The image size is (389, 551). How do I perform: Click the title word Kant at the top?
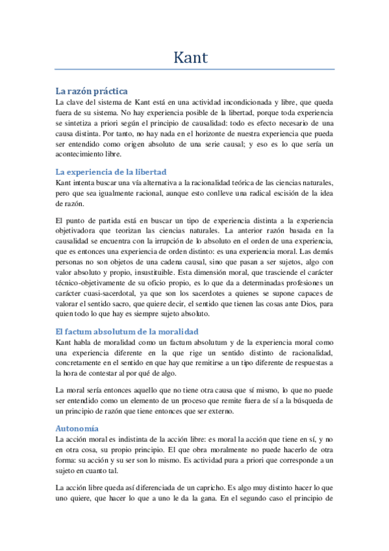click(190, 57)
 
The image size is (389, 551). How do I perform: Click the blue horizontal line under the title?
click(195, 70)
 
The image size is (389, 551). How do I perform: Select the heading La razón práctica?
click(91, 91)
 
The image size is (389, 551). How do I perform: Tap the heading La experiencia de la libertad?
click(112, 172)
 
